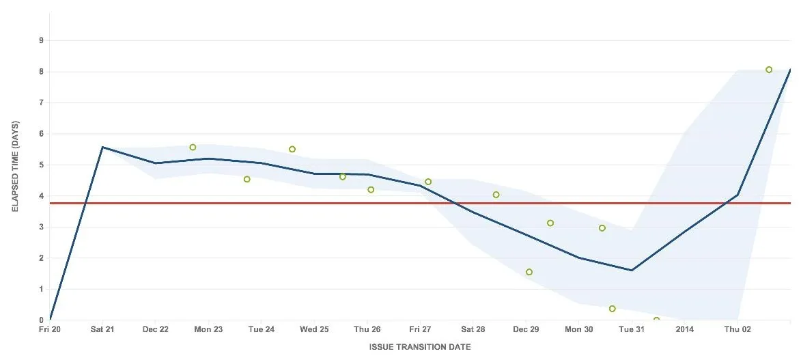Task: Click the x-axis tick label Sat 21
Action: pyautogui.click(x=102, y=329)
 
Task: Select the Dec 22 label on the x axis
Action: pyautogui.click(x=156, y=329)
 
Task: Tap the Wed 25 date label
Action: pyautogui.click(x=314, y=329)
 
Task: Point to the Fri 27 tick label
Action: pyautogui.click(x=420, y=329)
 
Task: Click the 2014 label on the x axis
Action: pyautogui.click(x=684, y=329)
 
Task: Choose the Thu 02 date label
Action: pyautogui.click(x=737, y=329)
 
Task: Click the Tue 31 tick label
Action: pyautogui.click(x=632, y=329)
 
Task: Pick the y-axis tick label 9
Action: pyautogui.click(x=42, y=40)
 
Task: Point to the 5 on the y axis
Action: pyautogui.click(x=42, y=165)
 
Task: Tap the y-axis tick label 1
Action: pyautogui.click(x=42, y=290)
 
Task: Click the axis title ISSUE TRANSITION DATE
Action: pyautogui.click(x=420, y=347)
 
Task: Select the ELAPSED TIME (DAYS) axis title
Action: pyautogui.click(x=15, y=166)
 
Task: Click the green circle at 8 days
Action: pyautogui.click(x=769, y=70)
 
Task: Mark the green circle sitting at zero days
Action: pyautogui.click(x=656, y=319)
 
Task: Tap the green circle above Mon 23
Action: pyautogui.click(x=193, y=148)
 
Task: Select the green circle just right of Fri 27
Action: pyautogui.click(x=428, y=182)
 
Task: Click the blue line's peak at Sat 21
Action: pyautogui.click(x=102, y=147)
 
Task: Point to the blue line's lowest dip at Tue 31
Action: pyautogui.click(x=632, y=270)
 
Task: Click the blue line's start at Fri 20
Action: pyautogui.click(x=50, y=319)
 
